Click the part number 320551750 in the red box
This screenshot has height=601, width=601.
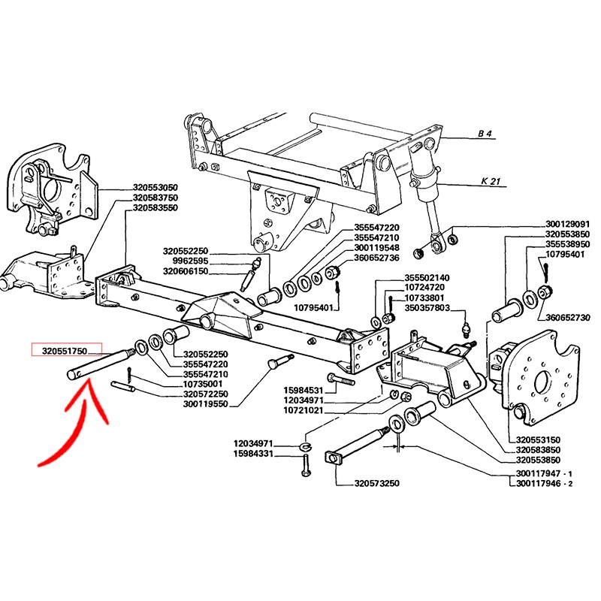pos(65,350)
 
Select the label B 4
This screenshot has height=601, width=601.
pos(485,134)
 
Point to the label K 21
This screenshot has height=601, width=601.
pos(491,180)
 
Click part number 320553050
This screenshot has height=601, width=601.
pos(156,187)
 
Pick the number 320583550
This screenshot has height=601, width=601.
pos(156,208)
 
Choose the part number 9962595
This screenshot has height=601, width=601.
pos(190,261)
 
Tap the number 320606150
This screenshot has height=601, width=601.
pos(186,271)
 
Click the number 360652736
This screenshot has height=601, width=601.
pos(376,258)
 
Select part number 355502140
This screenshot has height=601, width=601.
pos(427,277)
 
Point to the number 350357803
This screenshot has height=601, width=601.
pos(427,308)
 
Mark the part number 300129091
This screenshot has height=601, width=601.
pos(568,224)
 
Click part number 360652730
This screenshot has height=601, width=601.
pos(568,317)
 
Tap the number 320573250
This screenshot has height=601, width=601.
pos(377,483)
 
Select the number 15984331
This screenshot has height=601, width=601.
pos(253,454)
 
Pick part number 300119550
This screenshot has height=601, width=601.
pos(205,404)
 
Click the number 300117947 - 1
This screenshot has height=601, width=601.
pos(544,473)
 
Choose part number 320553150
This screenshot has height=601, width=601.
pos(538,439)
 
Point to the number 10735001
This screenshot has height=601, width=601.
pos(203,384)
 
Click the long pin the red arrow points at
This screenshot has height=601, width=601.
pos(101,364)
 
